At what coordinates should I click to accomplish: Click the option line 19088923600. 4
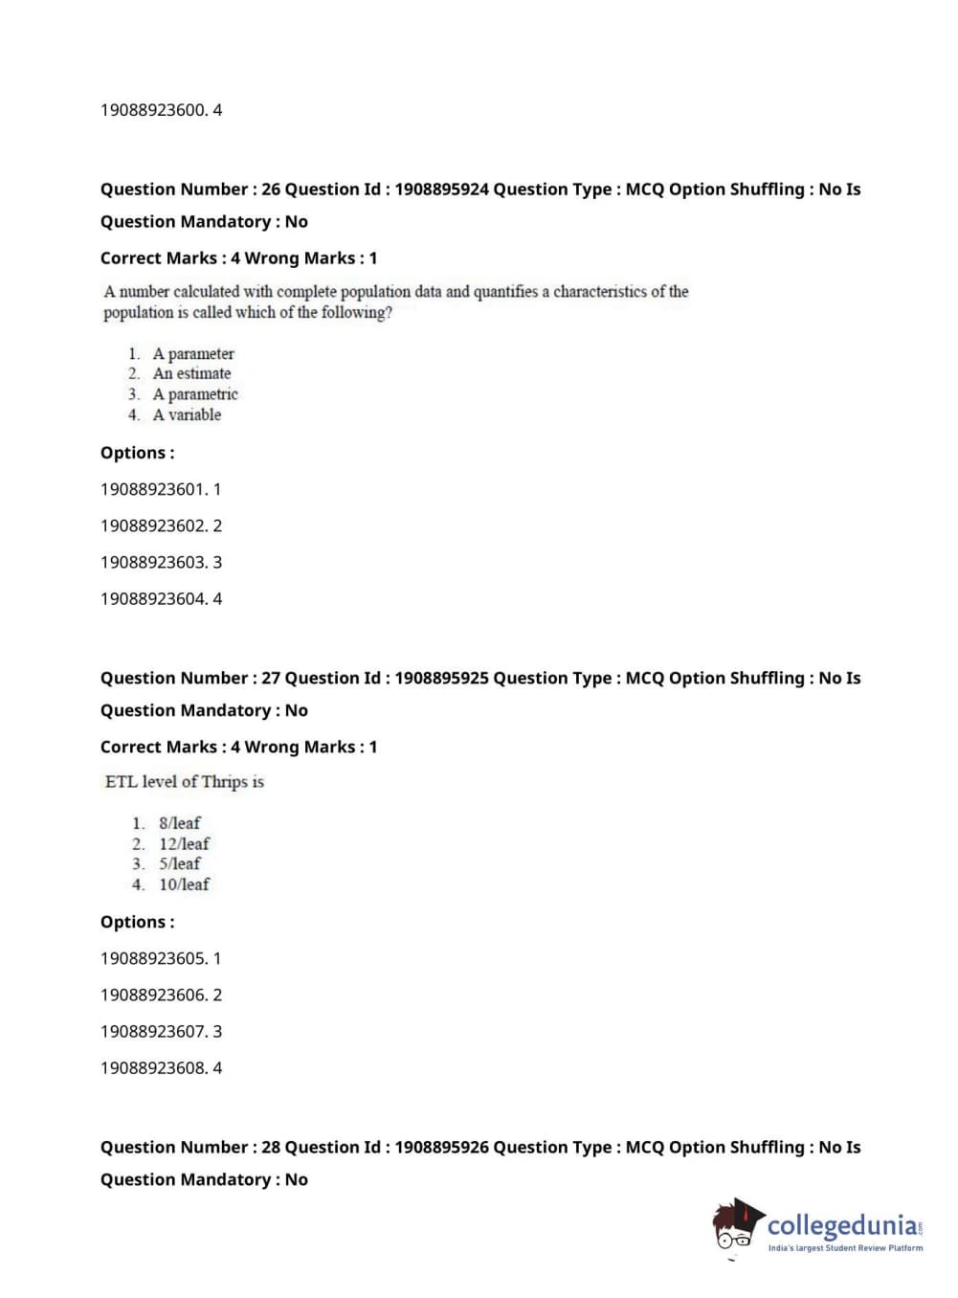[x=161, y=110]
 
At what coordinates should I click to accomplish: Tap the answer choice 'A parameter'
[x=192, y=353]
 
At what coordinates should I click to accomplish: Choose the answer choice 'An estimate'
[x=191, y=373]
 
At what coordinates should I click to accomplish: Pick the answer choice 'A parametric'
[x=195, y=394]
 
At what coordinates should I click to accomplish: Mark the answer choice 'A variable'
[x=187, y=414]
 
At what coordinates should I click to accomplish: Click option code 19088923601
[x=153, y=489]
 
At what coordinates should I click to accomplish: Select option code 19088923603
[x=153, y=562]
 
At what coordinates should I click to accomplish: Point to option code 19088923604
[x=153, y=598]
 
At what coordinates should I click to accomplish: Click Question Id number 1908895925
[x=441, y=678]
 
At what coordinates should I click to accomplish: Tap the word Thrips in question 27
[x=225, y=781]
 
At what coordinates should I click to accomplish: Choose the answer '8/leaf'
[x=180, y=823]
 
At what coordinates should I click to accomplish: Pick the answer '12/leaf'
[x=184, y=843]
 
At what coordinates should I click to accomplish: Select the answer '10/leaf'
[x=184, y=884]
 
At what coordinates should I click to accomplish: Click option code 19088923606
[x=153, y=995]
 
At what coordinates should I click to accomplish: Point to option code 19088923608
[x=153, y=1067]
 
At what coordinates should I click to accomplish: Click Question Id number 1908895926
[x=441, y=1147]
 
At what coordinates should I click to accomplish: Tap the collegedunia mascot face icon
[x=736, y=1226]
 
